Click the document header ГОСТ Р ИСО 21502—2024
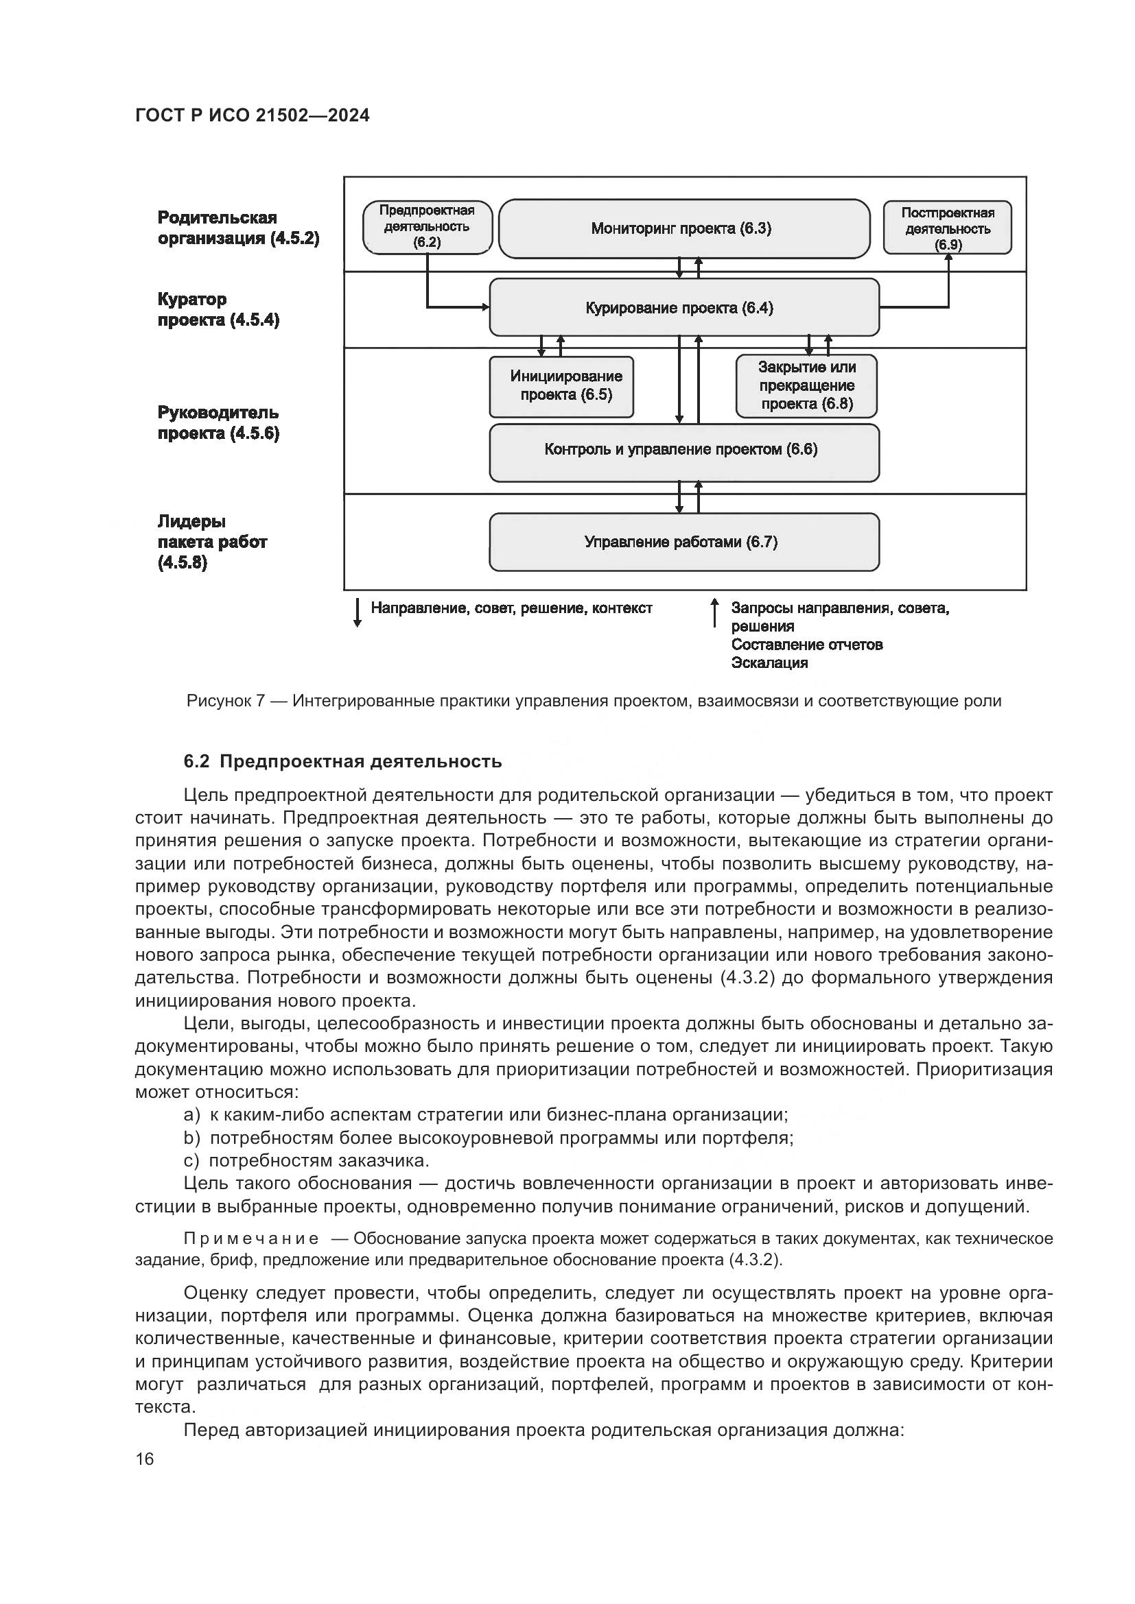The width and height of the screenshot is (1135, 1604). tap(253, 116)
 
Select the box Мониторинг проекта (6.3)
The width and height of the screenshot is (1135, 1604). tap(683, 229)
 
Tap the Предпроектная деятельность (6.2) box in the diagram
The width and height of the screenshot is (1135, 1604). tap(427, 227)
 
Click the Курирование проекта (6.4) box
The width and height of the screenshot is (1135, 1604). tap(683, 308)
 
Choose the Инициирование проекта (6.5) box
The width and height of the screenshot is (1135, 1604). tap(561, 386)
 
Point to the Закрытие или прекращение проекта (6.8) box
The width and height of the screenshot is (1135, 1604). tap(806, 385)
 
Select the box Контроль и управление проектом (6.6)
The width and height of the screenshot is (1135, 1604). tap(683, 450)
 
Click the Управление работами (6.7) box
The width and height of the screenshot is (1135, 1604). tap(683, 542)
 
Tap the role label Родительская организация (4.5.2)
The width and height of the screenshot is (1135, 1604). tap(238, 228)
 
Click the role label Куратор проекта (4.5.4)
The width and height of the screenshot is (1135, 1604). tap(218, 309)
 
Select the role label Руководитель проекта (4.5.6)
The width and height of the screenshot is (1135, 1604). tap(218, 422)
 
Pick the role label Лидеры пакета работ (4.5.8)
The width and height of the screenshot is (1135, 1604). tap(212, 542)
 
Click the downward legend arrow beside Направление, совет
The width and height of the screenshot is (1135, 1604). tap(357, 612)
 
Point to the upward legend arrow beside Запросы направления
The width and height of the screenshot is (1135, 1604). tap(714, 612)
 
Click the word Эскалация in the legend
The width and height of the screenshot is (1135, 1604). tap(769, 663)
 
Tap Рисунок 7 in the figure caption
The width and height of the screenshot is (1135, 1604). tap(225, 701)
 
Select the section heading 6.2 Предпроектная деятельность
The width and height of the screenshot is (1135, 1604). tap(342, 761)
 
